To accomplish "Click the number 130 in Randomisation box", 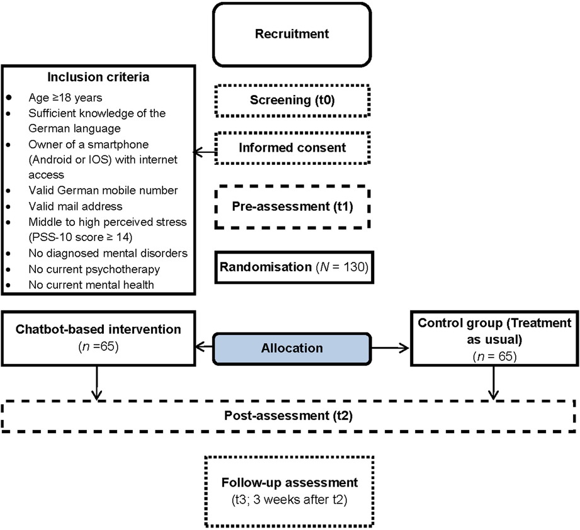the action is click(x=354, y=267).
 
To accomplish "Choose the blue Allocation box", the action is click(x=292, y=348).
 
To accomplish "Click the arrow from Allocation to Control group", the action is click(x=390, y=347).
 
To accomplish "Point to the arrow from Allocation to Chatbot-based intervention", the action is click(x=204, y=347).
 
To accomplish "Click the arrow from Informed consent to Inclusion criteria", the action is click(x=205, y=152).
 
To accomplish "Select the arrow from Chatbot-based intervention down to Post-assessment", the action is click(x=96, y=383).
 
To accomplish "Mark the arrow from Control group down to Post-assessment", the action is click(x=494, y=383).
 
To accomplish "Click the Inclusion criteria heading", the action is click(x=98, y=77).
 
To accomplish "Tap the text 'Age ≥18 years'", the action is click(x=65, y=98).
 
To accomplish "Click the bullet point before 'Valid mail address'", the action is click(x=8, y=206).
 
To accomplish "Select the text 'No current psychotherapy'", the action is click(x=94, y=269).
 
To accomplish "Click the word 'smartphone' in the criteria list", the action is click(x=118, y=145).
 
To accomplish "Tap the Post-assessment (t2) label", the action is click(x=288, y=416).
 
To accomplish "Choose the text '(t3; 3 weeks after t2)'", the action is click(x=289, y=500).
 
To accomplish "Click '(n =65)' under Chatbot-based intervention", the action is click(x=98, y=347).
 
